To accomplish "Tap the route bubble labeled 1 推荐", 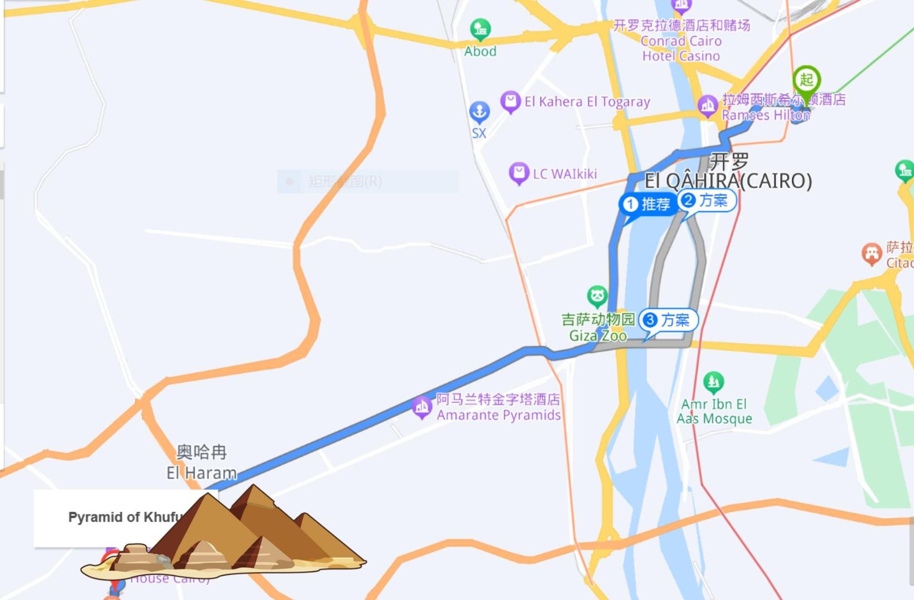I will click(x=648, y=204).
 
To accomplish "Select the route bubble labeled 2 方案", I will click(x=706, y=200).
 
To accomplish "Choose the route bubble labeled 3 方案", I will click(x=667, y=320).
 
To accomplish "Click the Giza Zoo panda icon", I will click(x=597, y=296).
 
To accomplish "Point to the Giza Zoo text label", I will click(x=598, y=328).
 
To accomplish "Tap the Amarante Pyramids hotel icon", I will click(x=421, y=407).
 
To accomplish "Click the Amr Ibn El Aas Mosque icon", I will click(x=713, y=382).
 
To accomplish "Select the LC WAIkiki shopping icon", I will click(x=518, y=173).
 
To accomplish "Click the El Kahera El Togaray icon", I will click(x=510, y=101).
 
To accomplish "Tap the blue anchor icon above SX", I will click(x=479, y=111).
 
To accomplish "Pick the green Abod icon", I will click(x=480, y=28).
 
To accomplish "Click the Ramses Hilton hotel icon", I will click(x=707, y=104).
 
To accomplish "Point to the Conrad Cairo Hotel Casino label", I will click(x=681, y=41).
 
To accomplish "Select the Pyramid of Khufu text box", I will click(x=111, y=517).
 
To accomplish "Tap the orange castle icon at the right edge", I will click(x=871, y=253).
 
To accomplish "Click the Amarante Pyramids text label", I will click(x=498, y=407).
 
